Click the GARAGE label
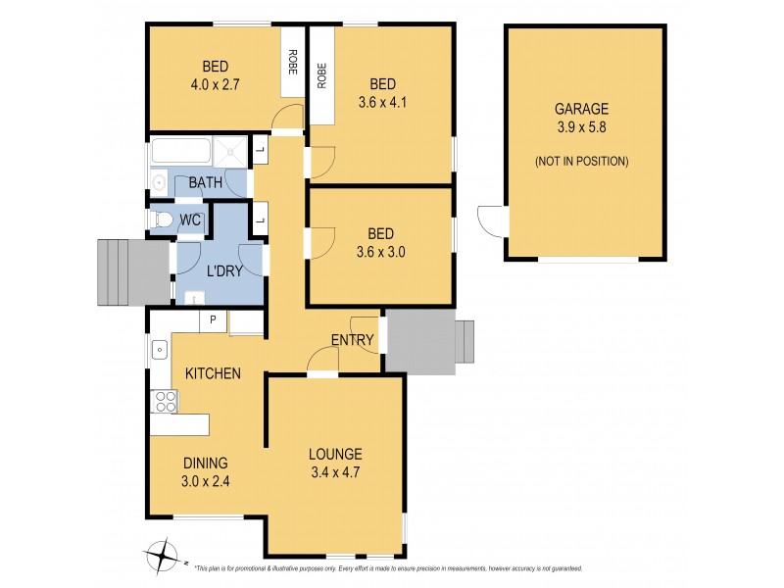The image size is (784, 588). click(581, 110)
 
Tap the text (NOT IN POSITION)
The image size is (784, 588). click(581, 161)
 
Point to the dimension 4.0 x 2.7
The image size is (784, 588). click(216, 84)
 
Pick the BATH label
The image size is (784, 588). click(205, 182)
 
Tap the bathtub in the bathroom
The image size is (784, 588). click(180, 153)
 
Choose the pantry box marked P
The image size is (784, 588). click(213, 320)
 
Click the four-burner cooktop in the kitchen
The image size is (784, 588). click(164, 401)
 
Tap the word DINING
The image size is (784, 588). click(204, 464)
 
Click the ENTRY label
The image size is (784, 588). click(352, 340)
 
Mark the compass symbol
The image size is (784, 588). click(160, 558)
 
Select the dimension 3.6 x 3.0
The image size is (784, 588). click(380, 251)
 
